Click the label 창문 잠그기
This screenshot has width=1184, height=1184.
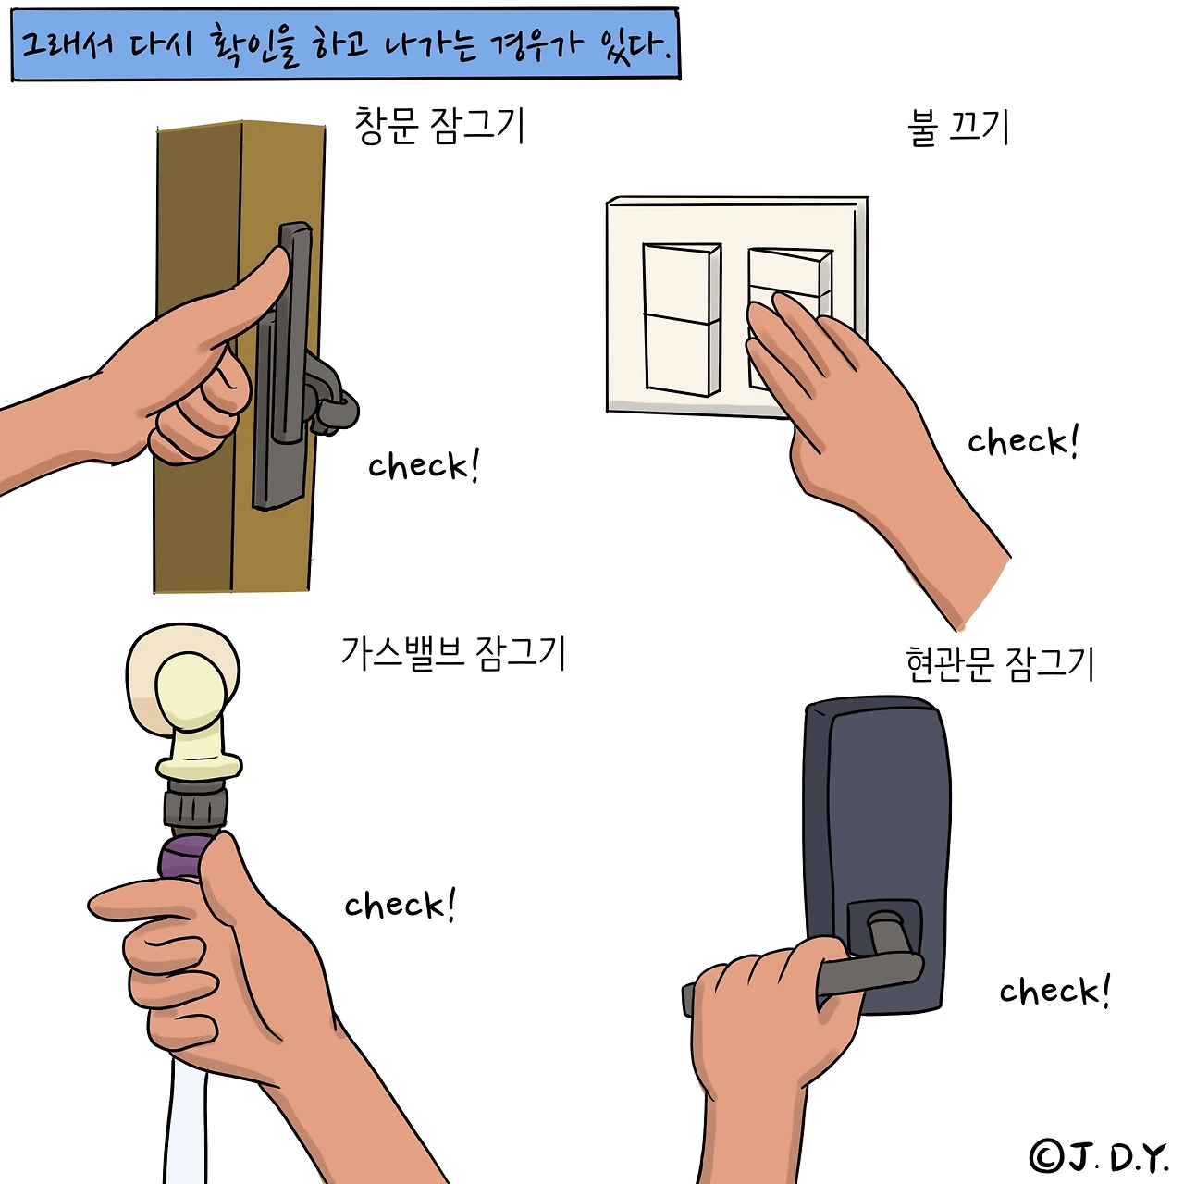(439, 126)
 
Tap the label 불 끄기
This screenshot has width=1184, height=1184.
(958, 128)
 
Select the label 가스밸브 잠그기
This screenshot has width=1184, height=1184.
(453, 653)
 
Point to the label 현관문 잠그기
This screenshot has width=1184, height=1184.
(1000, 664)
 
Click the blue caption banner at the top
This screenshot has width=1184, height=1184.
(345, 43)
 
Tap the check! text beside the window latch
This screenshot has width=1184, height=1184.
(424, 465)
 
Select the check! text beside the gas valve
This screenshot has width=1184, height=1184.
(400, 904)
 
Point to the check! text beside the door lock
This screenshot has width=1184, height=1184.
(1055, 991)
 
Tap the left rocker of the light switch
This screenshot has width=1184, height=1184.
(682, 319)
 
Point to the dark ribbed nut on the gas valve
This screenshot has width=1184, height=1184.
(195, 807)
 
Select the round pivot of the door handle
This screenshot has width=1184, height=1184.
(885, 926)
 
